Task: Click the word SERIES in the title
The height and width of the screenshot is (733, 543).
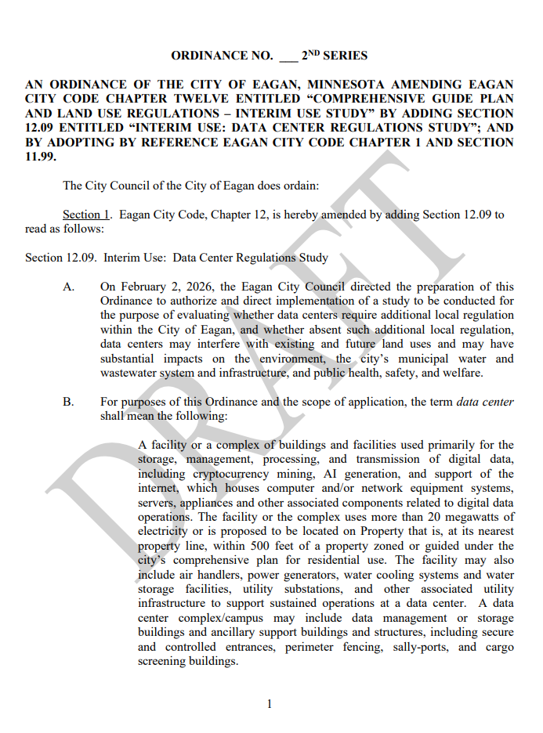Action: pos(346,56)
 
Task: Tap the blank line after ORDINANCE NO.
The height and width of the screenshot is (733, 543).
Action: pos(288,57)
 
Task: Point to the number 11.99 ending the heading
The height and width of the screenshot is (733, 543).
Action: pos(40,157)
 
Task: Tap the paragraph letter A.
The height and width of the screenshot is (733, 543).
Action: pos(69,287)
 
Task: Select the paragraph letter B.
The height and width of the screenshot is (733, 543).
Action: pos(69,402)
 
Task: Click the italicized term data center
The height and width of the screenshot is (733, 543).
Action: pos(484,402)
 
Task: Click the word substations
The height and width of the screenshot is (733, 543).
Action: pos(310,589)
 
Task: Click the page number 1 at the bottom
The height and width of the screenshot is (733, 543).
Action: pos(270,704)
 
